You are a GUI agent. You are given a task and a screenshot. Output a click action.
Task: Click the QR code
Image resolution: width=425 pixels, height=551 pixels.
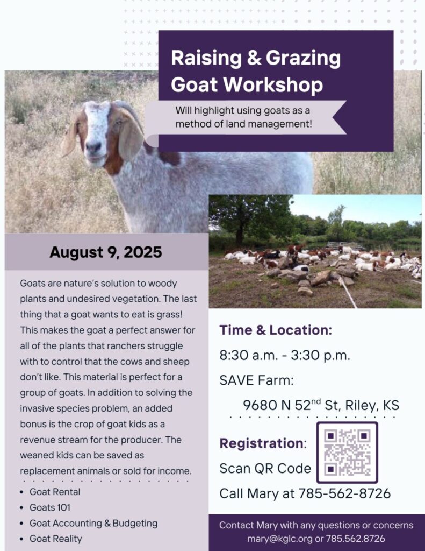coord(347,452)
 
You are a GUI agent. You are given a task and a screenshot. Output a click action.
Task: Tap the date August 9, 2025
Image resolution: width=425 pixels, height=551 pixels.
coord(106,252)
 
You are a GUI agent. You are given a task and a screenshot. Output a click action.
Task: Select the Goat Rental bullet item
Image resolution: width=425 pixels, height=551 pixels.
coord(55,492)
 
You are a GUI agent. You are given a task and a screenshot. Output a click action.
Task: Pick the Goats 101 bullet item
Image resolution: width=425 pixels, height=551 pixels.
coord(50,507)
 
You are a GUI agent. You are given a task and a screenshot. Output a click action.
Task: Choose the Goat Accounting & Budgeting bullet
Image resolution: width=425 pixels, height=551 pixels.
coord(93,523)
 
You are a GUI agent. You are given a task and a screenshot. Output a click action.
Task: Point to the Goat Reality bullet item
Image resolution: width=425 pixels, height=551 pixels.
coord(56,538)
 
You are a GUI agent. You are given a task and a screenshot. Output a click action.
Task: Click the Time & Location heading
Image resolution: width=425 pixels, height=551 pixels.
coord(276,330)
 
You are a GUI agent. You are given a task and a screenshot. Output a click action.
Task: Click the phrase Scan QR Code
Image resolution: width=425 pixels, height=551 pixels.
coord(265,468)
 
